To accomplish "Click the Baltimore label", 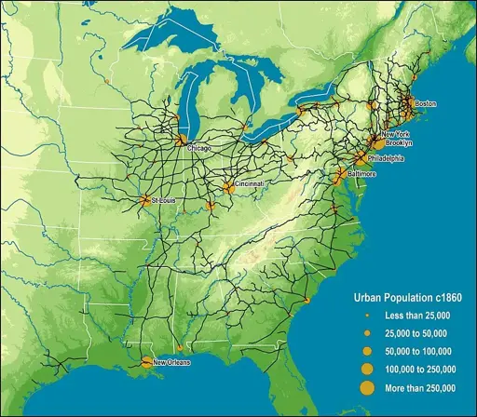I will coord(361,174).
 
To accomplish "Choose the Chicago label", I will coord(199,148).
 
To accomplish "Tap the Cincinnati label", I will coord(250,184).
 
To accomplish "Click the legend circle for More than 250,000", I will coord(367,387).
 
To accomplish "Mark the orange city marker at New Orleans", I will coord(145,362).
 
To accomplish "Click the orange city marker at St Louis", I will coord(144,199).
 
